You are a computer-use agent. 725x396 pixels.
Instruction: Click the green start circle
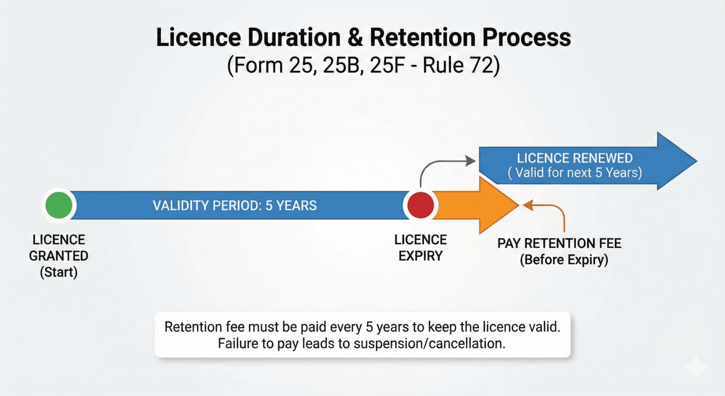tap(59, 205)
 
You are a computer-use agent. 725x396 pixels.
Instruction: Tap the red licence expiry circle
tap(421, 205)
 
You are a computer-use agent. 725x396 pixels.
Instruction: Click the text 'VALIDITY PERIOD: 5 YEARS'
tap(235, 206)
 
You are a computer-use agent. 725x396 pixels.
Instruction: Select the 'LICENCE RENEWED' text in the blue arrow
tap(575, 158)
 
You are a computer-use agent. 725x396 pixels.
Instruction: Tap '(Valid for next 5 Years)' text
tap(575, 173)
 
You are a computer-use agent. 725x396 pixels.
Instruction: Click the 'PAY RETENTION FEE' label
tap(559, 244)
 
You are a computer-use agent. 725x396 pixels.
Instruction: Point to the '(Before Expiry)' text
tap(564, 260)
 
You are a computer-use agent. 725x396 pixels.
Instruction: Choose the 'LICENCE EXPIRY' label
tap(421, 248)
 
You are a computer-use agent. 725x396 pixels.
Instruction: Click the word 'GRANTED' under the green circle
tap(59, 256)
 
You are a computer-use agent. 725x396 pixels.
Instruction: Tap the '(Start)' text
tap(59, 272)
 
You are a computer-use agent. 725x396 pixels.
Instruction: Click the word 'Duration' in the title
tap(294, 38)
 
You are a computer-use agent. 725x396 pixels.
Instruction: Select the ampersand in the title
tap(355, 38)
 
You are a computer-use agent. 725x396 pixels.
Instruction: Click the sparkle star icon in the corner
tap(696, 367)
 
